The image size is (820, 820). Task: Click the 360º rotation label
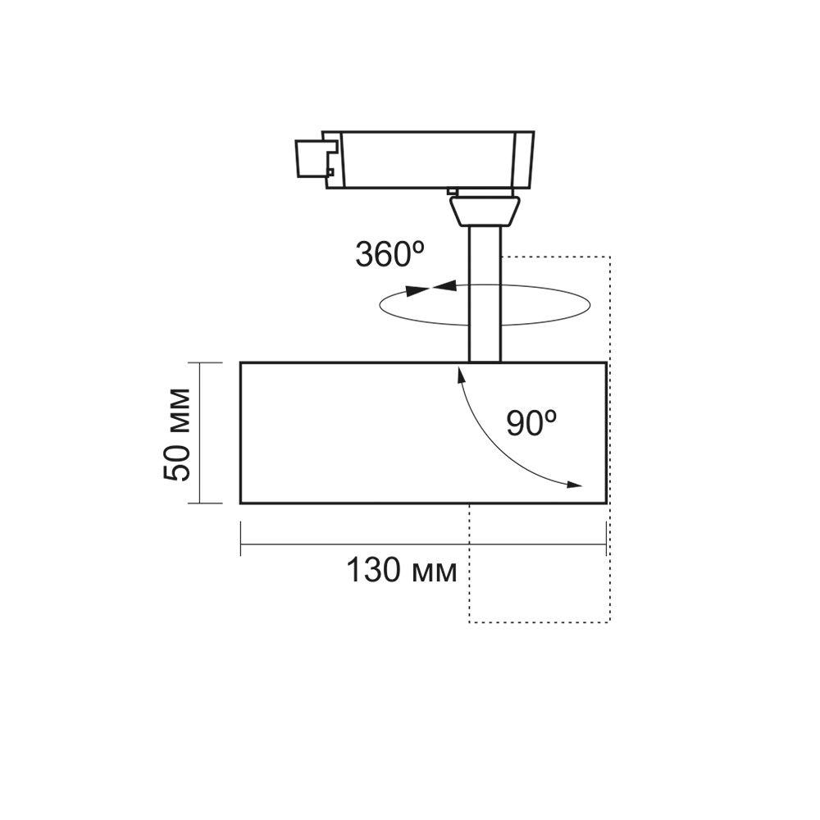click(x=393, y=255)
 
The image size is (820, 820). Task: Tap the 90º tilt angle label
click(x=531, y=423)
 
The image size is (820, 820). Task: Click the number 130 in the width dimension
click(x=371, y=570)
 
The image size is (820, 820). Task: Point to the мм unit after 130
click(x=432, y=572)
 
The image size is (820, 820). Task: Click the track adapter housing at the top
click(x=426, y=157)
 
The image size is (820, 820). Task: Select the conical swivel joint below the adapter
click(x=483, y=210)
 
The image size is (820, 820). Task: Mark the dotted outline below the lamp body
click(x=539, y=622)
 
